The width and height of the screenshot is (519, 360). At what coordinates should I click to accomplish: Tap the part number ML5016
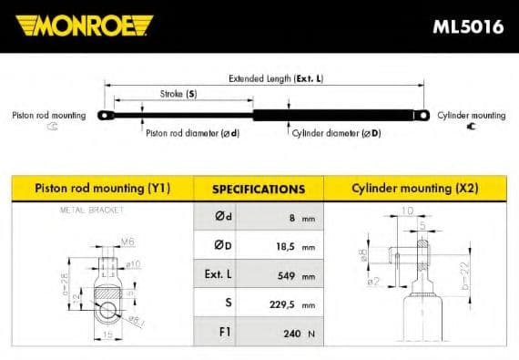tap(468, 26)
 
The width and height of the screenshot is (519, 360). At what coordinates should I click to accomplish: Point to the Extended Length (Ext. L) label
tap(275, 78)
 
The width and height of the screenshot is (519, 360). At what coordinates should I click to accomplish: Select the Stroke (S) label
tap(178, 94)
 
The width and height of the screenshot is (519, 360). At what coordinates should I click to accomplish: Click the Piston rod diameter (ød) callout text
tap(192, 133)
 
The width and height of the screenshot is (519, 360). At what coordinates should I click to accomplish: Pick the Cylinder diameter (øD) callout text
tap(336, 133)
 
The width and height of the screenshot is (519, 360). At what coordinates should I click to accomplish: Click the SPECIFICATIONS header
tap(258, 190)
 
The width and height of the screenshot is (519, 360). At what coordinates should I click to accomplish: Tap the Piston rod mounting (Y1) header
tap(102, 189)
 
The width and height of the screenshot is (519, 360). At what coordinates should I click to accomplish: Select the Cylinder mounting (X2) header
tap(414, 189)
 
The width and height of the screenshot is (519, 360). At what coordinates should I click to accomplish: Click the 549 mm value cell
tap(292, 276)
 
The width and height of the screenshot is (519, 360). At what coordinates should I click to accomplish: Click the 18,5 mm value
tap(290, 247)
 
